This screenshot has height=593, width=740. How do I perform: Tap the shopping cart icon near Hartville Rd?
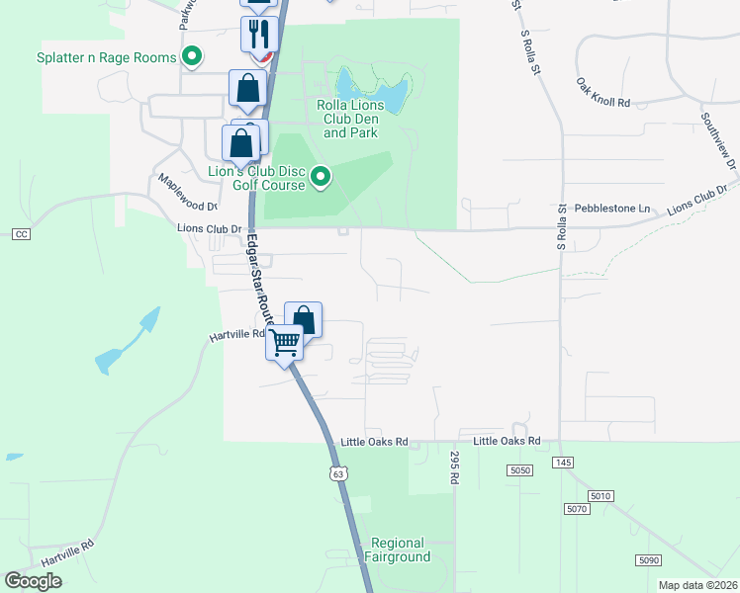click(x=285, y=343)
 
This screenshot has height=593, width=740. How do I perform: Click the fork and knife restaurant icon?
click(x=258, y=35)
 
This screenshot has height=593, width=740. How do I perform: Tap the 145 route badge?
click(x=564, y=463)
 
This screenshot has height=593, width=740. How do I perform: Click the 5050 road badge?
click(x=520, y=470)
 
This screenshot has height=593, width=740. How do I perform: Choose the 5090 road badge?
click(x=648, y=560)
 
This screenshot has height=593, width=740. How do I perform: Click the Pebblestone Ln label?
click(x=616, y=209)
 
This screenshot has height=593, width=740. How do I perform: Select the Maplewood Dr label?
click(x=187, y=194)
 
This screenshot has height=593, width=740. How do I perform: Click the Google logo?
click(x=33, y=580)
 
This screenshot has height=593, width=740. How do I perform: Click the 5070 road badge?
click(x=578, y=509)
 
